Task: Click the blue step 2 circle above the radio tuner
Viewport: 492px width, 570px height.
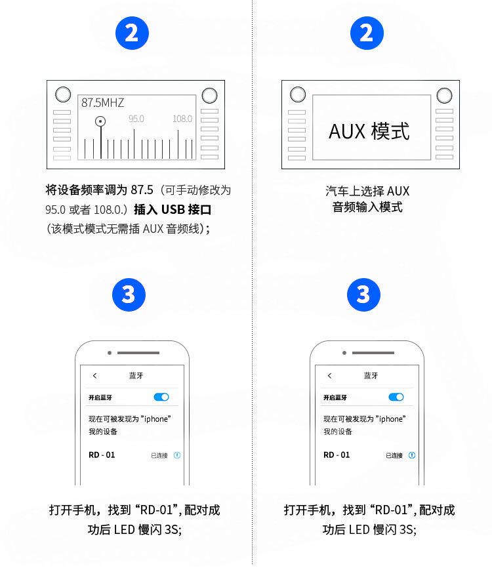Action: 132,33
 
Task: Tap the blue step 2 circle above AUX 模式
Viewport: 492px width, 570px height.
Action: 367,33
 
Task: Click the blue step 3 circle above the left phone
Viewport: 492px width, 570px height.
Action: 129,295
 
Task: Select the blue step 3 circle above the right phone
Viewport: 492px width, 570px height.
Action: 363,295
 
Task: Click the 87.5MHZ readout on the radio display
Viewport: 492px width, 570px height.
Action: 102,102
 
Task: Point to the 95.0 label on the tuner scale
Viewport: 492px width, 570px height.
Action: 136,119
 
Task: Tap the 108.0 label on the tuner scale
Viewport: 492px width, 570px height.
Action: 182,119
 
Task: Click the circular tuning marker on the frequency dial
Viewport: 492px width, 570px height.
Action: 100,121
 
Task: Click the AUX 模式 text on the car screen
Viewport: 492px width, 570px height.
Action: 369,131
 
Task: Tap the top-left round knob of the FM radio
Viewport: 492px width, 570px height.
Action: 63,94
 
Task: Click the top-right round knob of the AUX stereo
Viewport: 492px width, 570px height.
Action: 444,96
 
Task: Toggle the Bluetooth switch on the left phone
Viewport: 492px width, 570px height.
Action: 161,397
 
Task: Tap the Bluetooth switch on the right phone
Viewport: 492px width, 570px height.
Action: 396,397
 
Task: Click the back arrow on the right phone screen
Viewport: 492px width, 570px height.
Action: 329,375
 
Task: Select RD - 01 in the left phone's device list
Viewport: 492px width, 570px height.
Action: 102,455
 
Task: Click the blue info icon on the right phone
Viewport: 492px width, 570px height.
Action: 412,455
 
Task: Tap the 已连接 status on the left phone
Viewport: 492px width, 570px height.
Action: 159,455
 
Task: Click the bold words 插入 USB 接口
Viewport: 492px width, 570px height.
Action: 173,209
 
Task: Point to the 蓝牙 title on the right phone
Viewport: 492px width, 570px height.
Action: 371,375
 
